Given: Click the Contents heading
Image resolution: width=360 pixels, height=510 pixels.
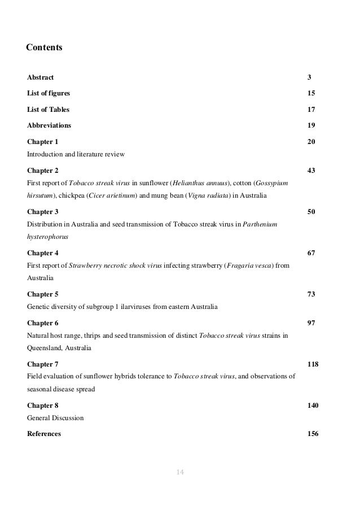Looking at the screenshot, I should click(x=44, y=47).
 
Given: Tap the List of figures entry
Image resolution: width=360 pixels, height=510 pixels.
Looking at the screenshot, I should click(x=49, y=93).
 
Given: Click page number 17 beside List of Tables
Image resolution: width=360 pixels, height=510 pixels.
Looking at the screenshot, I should click(x=311, y=110).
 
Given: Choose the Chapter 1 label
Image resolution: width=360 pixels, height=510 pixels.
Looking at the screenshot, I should click(x=42, y=142).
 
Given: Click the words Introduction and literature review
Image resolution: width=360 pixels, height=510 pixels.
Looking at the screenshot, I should click(x=76, y=154).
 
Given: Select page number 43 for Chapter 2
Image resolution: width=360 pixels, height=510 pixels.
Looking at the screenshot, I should click(x=311, y=171).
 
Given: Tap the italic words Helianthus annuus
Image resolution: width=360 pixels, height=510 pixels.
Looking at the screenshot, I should click(x=200, y=183).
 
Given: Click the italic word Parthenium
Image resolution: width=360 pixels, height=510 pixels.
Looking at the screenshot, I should click(x=258, y=225).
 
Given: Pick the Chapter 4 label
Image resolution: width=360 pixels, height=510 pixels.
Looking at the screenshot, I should click(x=42, y=252).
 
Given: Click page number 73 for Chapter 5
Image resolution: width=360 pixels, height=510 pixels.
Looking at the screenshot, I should click(x=311, y=294).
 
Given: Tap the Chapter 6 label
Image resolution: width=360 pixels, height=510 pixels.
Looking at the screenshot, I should click(x=42, y=323).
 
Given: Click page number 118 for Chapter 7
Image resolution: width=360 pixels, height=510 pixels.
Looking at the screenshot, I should click(x=313, y=364).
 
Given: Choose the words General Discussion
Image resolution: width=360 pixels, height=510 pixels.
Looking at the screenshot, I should click(x=55, y=418).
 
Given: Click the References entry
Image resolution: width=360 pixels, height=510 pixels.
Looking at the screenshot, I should click(x=44, y=434).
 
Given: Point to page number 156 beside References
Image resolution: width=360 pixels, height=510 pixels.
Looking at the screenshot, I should click(x=313, y=434).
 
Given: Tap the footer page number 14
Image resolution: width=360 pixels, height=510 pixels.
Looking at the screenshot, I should click(x=180, y=472).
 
